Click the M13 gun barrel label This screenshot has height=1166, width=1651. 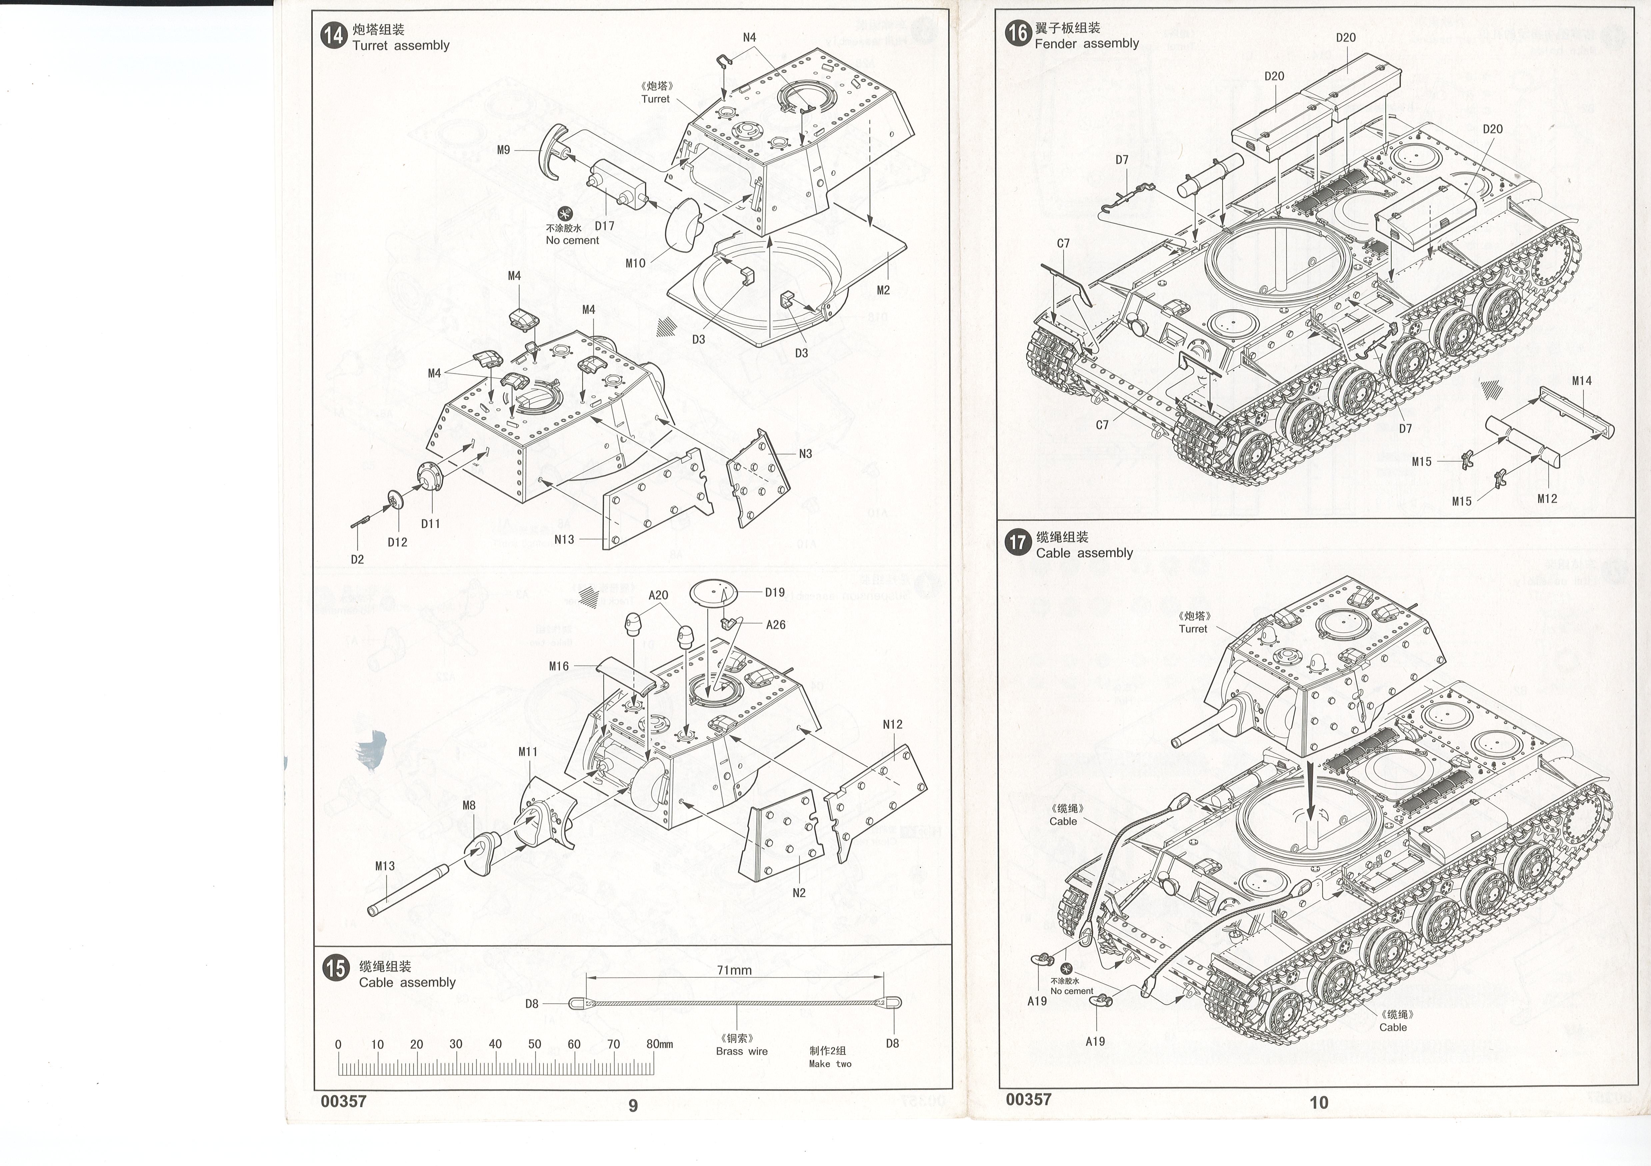[x=385, y=866]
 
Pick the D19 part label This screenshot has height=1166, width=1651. [x=774, y=593]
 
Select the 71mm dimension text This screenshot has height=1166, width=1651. [x=734, y=970]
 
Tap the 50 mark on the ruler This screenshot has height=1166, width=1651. [x=534, y=1044]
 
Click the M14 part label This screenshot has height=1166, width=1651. [x=1582, y=381]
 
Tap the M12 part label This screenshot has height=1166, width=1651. [x=1547, y=498]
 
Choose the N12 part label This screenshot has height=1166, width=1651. [x=892, y=724]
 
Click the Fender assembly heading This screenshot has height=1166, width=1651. [x=1087, y=43]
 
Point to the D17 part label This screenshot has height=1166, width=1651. [x=605, y=226]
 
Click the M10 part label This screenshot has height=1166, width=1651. [x=636, y=263]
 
